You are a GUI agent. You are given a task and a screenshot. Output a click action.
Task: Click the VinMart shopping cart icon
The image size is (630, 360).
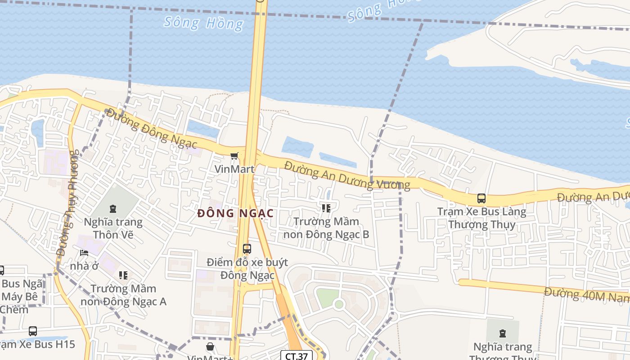pyautogui.click(x=234, y=156)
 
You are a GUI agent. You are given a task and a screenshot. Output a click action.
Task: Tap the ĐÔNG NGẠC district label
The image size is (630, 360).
pyautogui.click(x=235, y=213)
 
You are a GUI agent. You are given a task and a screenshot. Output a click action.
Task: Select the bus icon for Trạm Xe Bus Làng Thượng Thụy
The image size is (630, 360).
pyautogui.click(x=481, y=198)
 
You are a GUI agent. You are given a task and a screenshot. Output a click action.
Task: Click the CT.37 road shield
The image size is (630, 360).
pyautogui.click(x=297, y=356)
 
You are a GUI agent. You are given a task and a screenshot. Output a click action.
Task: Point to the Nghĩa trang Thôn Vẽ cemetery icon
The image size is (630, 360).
pyautogui.click(x=112, y=208)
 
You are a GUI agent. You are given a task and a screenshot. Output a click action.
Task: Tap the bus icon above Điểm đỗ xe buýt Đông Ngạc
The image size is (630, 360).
pyautogui.click(x=247, y=248)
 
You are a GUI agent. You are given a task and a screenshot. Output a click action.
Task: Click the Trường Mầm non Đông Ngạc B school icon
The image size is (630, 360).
pyautogui.click(x=326, y=208)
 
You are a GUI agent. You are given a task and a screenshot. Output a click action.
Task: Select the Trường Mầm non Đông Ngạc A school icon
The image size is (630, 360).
pyautogui.click(x=123, y=275)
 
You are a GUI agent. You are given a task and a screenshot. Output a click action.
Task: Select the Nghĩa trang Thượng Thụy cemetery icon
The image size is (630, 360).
pyautogui.click(x=502, y=333)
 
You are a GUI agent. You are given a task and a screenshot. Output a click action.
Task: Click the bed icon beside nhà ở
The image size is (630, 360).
pyautogui.click(x=84, y=253)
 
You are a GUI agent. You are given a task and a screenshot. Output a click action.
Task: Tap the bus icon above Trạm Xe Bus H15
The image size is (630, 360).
pyautogui.click(x=33, y=331)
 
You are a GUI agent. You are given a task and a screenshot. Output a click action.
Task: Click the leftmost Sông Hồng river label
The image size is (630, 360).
pyautogui.click(x=203, y=22)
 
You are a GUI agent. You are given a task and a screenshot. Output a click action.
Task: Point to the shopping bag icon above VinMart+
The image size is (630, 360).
pyautogui.click(x=210, y=346)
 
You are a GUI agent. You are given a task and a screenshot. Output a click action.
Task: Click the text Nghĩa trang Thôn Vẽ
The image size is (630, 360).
pyautogui.click(x=113, y=228)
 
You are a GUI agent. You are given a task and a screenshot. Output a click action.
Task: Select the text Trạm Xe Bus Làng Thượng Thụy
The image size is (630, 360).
pyautogui.click(x=481, y=218)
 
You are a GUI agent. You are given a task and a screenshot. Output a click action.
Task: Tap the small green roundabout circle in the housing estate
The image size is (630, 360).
pyautogui.click(x=339, y=304)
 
